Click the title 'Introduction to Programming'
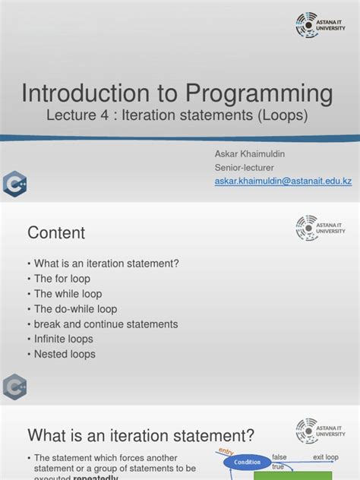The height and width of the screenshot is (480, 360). point(177,94)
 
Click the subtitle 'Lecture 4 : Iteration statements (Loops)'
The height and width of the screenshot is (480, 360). point(178,118)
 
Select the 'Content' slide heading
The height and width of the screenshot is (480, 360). point(56,233)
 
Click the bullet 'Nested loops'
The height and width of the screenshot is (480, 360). point(65,354)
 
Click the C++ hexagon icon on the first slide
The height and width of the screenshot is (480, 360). point(14,185)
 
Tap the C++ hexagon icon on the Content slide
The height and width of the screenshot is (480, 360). point(14,387)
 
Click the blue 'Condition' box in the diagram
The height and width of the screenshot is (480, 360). point(248,462)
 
